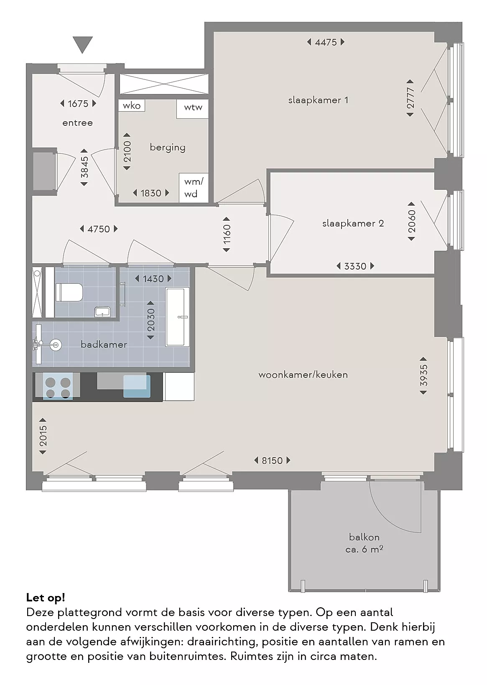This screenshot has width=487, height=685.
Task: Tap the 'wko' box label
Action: click(x=132, y=106)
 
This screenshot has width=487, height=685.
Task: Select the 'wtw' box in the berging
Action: click(x=193, y=109)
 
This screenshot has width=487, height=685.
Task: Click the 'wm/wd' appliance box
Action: click(x=193, y=188)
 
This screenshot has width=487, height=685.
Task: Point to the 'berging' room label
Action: click(x=168, y=148)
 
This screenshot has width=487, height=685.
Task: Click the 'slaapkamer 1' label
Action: click(x=318, y=100)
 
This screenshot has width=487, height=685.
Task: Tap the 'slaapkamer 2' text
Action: click(x=353, y=224)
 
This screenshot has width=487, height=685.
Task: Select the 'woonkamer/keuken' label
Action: click(x=303, y=374)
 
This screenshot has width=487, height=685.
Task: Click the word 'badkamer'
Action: click(x=104, y=345)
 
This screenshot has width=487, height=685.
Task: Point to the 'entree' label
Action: click(x=77, y=123)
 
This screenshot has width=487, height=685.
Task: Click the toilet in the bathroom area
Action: click(x=69, y=292)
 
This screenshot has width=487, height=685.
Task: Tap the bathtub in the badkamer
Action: click(x=177, y=317)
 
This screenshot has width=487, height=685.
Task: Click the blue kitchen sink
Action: click(x=137, y=386)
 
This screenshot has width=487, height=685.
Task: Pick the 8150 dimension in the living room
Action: click(x=272, y=461)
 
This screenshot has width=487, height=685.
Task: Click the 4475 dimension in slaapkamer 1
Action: click(x=326, y=42)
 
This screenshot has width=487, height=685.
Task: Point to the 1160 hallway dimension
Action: click(x=227, y=234)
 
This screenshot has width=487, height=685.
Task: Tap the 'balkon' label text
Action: click(x=365, y=537)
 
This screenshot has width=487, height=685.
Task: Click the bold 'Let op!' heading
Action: click(x=46, y=597)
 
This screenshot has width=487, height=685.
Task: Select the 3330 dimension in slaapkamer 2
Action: click(x=355, y=266)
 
